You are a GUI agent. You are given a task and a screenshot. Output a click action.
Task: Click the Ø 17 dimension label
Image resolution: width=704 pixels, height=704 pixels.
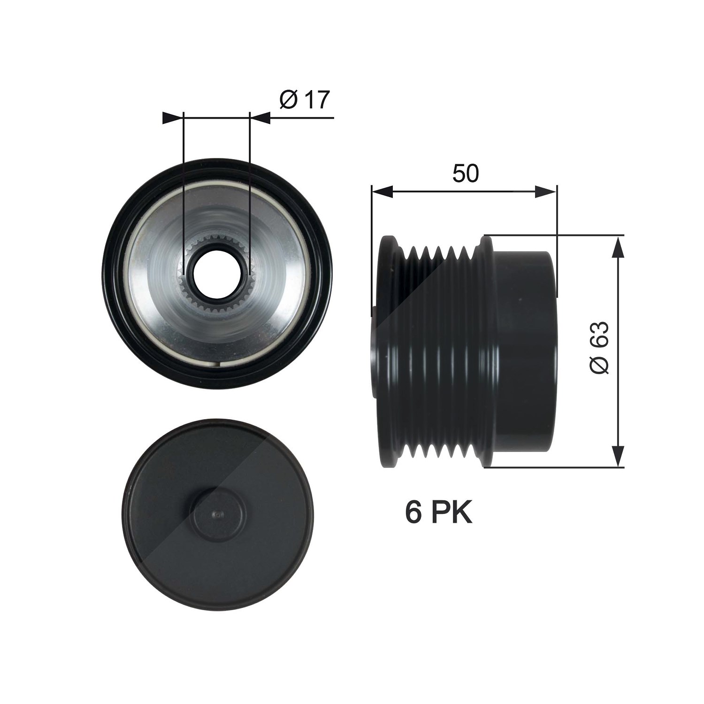(305, 99)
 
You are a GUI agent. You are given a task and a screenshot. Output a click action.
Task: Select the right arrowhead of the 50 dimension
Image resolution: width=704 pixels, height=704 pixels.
(546, 191)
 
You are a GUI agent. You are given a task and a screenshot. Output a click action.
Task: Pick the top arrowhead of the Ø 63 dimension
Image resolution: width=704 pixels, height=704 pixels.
(620, 246)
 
